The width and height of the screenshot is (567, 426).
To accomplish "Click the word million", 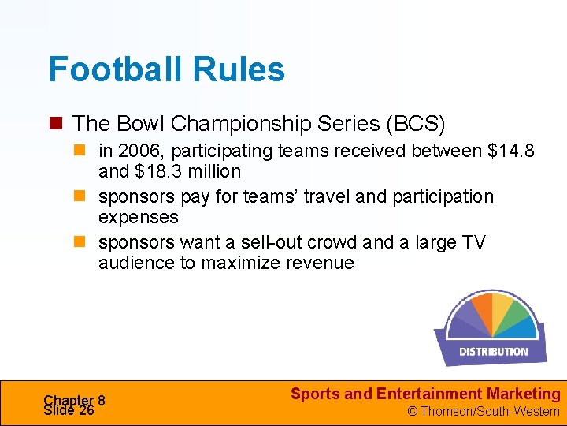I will coord(216,171).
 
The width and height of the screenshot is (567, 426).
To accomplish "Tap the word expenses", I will coord(139,217).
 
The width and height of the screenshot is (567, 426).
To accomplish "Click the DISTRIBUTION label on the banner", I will coord(494,351).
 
